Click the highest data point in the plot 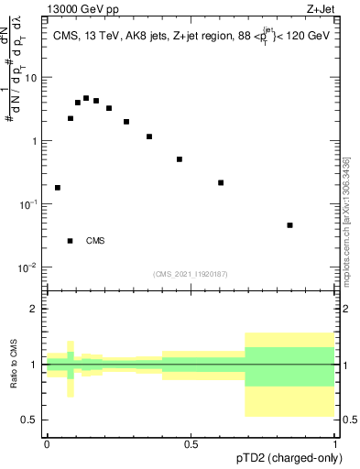(x=86, y=98)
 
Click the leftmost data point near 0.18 (x=58, y=188)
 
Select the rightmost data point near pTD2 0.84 (x=289, y=225)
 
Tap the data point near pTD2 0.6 (x=221, y=182)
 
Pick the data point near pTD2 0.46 (x=180, y=159)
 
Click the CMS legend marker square (x=70, y=241)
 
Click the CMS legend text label (x=95, y=241)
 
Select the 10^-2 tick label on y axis (x=29, y=268)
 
